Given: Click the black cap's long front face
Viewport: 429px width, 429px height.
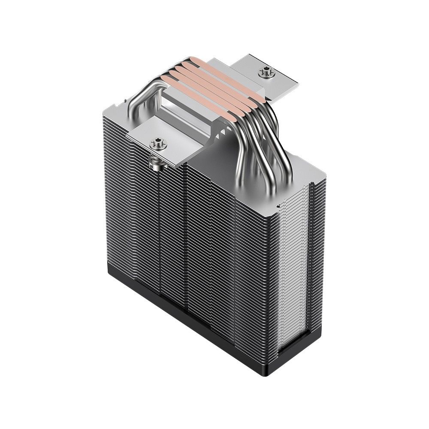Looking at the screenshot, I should point(193,317).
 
